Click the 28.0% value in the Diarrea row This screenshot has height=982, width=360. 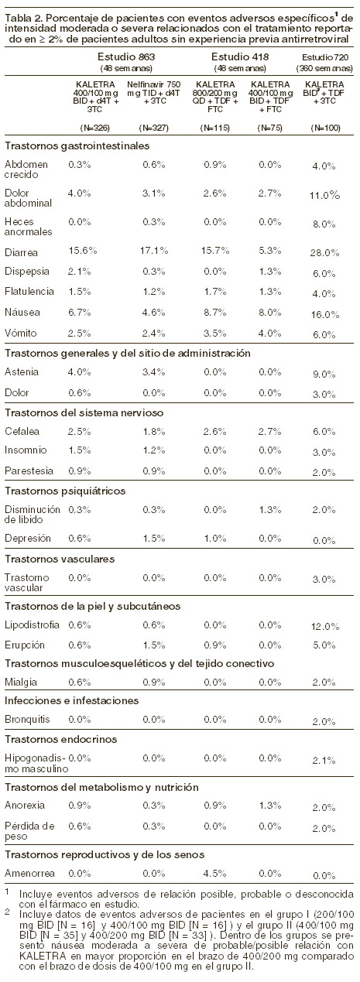[324, 253]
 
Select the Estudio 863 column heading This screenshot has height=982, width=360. [126, 56]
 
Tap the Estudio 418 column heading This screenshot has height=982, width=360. [240, 56]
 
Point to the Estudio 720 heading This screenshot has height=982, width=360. [324, 57]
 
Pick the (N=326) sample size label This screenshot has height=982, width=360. [94, 128]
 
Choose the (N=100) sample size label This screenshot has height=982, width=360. [325, 128]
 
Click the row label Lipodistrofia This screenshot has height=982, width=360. [32, 624]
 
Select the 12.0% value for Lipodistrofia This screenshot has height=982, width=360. [325, 627]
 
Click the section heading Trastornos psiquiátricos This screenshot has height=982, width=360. [65, 491]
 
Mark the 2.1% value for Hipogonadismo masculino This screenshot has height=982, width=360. [324, 761]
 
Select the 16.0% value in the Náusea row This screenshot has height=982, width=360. [325, 315]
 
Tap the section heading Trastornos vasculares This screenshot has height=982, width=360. [60, 559]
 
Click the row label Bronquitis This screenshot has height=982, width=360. [27, 720]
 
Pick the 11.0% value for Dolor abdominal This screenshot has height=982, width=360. [325, 196]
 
